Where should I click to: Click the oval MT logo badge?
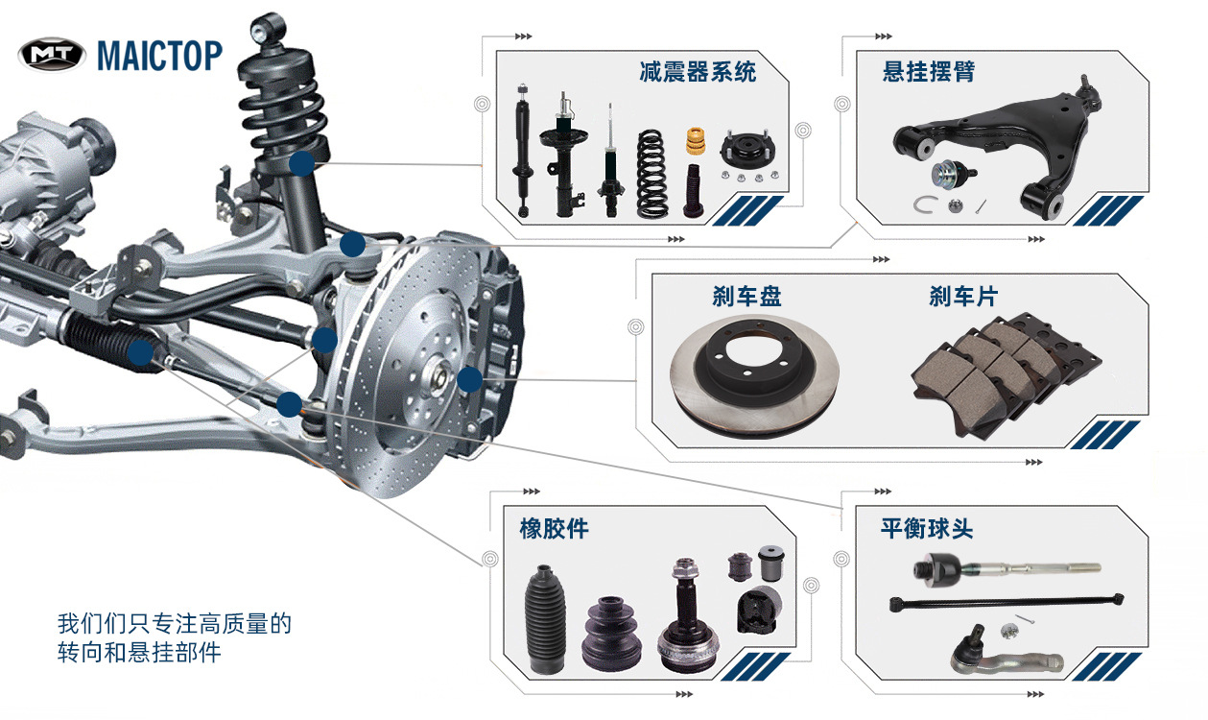pos(52,55)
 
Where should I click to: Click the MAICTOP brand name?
pos(159,56)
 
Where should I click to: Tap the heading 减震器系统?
pos(698,72)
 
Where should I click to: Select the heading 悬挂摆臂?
pos(929,72)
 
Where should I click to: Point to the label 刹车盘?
pos(746,297)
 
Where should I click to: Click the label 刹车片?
pos(963,297)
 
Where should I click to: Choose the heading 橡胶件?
pos(555,529)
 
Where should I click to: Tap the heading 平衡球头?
pos(927,529)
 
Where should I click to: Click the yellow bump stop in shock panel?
pos(696,141)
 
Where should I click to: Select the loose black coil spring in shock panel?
pos(652,174)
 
